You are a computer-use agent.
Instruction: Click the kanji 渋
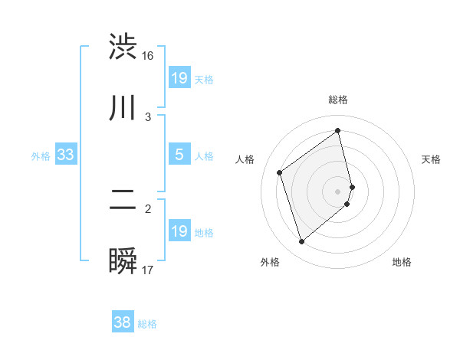pyautogui.click(x=123, y=47)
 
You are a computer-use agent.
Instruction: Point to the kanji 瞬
pyautogui.click(x=123, y=261)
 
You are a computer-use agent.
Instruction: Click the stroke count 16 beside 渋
pyautogui.click(x=148, y=56)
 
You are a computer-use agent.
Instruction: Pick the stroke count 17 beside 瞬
pyautogui.click(x=148, y=270)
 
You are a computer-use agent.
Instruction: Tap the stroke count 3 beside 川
pyautogui.click(x=148, y=116)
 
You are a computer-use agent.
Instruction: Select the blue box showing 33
pyautogui.click(x=65, y=155)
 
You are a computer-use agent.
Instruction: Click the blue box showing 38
pyautogui.click(x=123, y=322)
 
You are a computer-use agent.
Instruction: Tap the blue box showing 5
pyautogui.click(x=179, y=155)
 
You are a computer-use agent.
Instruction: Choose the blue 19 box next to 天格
pyautogui.click(x=179, y=77)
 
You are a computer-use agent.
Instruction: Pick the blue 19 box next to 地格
pyautogui.click(x=179, y=231)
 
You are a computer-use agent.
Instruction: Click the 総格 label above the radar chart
pyautogui.click(x=338, y=100)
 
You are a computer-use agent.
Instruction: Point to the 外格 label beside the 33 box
pyautogui.click(x=41, y=155)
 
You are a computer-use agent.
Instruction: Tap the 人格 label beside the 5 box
pyautogui.click(x=204, y=155)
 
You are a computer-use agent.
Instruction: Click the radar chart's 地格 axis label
pyautogui.click(x=402, y=262)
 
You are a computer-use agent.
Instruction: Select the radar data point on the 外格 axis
pyautogui.click(x=301, y=242)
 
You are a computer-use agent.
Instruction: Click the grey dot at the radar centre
pyautogui.click(x=338, y=190)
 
